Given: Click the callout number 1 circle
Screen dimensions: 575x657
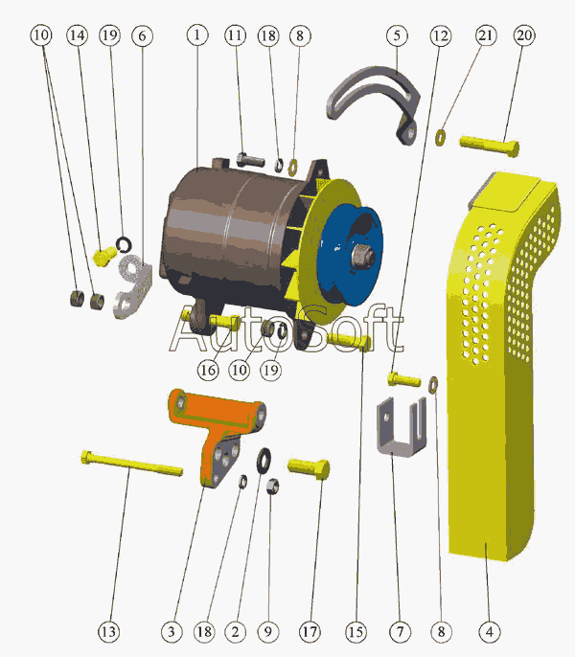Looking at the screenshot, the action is [x=197, y=34].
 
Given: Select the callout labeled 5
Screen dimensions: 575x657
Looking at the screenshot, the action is [x=397, y=35].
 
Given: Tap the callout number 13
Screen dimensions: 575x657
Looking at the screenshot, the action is [x=108, y=631].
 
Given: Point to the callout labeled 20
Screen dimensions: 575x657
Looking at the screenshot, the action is [x=524, y=35].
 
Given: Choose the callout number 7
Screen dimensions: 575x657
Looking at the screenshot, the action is [x=400, y=631].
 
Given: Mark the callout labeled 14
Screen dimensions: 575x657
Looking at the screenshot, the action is [x=78, y=35].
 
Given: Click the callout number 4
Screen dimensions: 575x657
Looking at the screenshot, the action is [x=490, y=631].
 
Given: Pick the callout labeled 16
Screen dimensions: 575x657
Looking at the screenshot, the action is [x=208, y=370].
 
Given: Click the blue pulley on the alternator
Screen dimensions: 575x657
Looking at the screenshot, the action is [x=350, y=256].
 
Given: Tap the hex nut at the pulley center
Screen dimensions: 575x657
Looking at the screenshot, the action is [x=363, y=256].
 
